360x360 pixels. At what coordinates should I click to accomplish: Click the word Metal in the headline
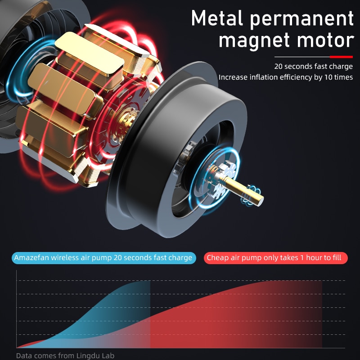[x=217, y=18]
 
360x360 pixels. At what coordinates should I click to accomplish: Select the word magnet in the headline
[x=254, y=41]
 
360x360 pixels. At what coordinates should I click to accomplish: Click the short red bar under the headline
[x=341, y=57]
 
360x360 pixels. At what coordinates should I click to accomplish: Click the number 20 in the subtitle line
[x=278, y=66]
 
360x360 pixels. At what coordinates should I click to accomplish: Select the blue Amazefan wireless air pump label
[x=104, y=258]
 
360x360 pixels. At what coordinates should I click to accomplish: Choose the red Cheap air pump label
[x=275, y=258]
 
